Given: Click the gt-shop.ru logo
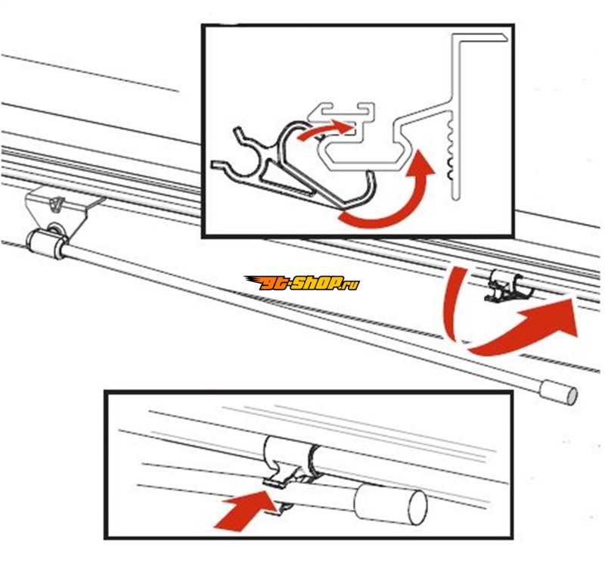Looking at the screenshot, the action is click(302, 283).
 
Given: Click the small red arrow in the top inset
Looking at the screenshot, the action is click(327, 129).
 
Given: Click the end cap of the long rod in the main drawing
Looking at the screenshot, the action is click(558, 392).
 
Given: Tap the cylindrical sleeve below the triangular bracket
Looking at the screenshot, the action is click(45, 244).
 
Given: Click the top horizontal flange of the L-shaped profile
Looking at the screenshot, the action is click(479, 37).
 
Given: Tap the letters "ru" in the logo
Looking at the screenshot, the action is click(352, 285).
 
